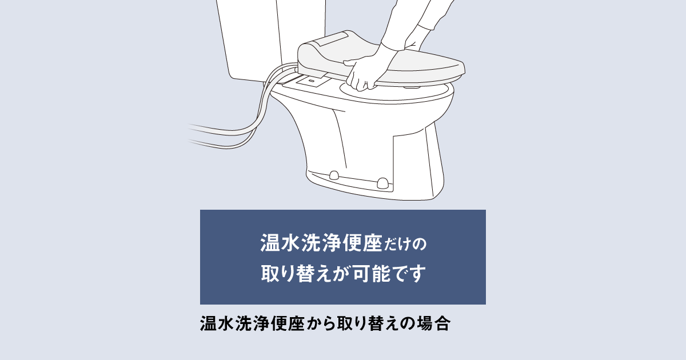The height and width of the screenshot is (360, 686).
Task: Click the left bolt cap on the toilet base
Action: [x=334, y=175]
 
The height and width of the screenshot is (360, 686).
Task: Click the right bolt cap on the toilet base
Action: [x=382, y=183]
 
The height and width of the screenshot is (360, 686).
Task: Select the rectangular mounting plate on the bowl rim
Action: [x=313, y=81]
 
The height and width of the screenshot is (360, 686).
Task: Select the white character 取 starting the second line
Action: [x=269, y=273]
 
